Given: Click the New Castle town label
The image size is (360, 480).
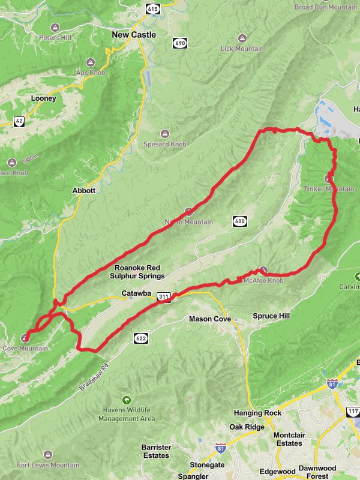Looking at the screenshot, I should tap(134, 35).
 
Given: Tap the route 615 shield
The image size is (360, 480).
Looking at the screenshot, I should tap(152, 8).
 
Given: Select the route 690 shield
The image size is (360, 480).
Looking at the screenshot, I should tap(179, 43).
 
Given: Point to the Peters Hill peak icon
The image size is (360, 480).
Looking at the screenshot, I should tap(55, 28).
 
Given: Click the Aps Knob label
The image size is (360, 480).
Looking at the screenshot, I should tap(90, 72).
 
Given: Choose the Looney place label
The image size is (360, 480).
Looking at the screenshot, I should tap(43, 98).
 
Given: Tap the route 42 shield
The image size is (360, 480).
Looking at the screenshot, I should tap(20, 121).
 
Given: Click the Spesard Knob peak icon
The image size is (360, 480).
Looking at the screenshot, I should tap(165, 133).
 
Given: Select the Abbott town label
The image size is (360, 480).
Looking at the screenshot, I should tap(84, 190).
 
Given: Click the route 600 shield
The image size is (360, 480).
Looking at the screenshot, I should tap(240, 221).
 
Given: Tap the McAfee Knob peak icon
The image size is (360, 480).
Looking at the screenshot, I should tap(263, 271).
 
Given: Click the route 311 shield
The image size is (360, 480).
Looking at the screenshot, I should tap(163, 296).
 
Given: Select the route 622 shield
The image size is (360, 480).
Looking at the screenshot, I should tap(140, 338).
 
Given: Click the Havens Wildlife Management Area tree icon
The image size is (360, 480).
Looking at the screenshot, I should tap(126, 400).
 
